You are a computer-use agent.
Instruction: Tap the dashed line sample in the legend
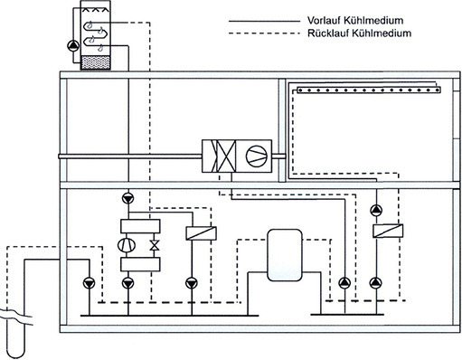pyautogui.click(x=261, y=33)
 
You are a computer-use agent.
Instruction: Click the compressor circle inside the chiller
pyautogui.click(x=127, y=244)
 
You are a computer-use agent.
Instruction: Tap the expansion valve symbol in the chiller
pyautogui.click(x=153, y=245)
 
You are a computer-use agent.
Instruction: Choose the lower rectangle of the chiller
pyautogui.click(x=139, y=264)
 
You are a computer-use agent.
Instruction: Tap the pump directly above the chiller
pyautogui.click(x=127, y=197)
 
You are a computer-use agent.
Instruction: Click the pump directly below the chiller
pyautogui.click(x=127, y=282)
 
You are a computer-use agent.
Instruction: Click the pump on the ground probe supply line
pyautogui.click(x=88, y=281)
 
